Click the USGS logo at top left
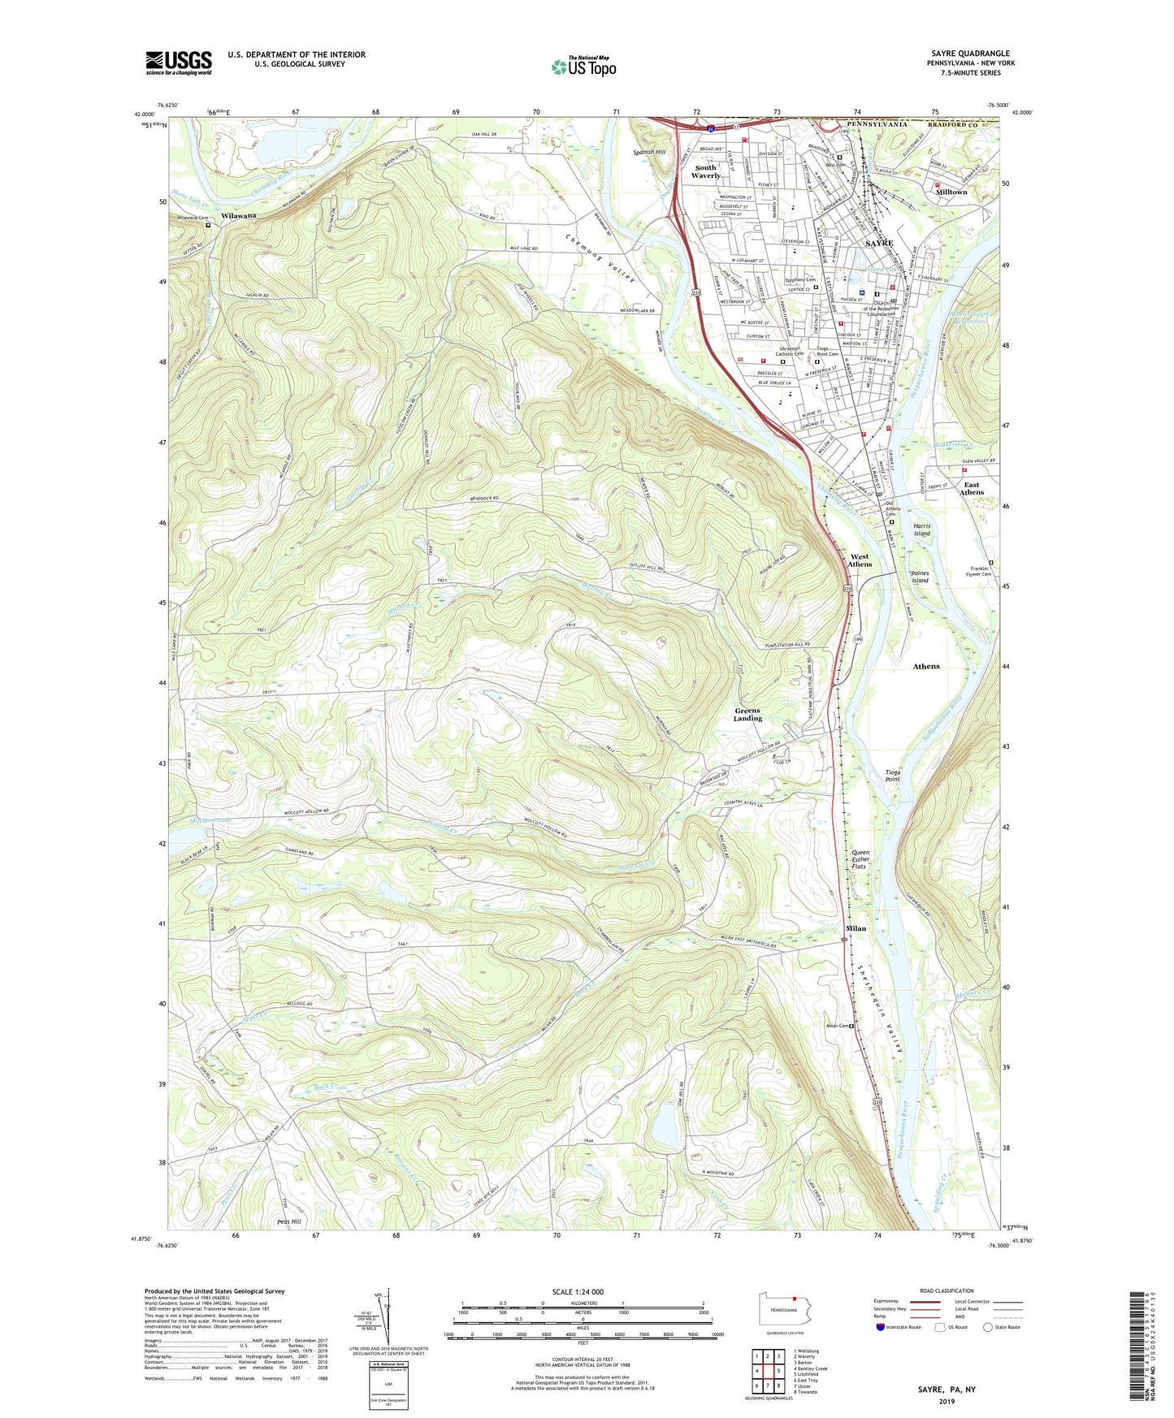click(x=179, y=62)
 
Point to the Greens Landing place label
click(x=747, y=714)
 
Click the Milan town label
click(x=856, y=927)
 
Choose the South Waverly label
click(x=706, y=171)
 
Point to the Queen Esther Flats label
click(x=860, y=860)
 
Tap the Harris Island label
click(x=921, y=530)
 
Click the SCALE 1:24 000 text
click(x=578, y=1291)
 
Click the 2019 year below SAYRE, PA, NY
click(x=947, y=1401)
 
